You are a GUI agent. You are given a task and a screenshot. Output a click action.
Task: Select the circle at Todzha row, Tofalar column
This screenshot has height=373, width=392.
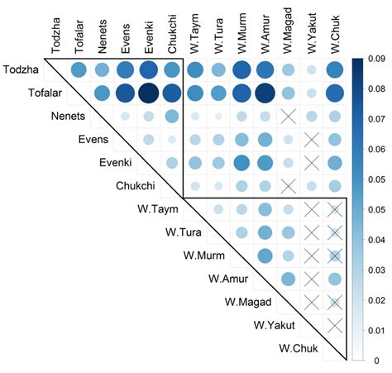click(x=79, y=71)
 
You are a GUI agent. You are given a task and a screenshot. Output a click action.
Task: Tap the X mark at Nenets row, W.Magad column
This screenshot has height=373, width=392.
click(x=289, y=117)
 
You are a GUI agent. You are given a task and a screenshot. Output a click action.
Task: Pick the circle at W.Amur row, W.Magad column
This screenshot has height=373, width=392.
click(x=289, y=280)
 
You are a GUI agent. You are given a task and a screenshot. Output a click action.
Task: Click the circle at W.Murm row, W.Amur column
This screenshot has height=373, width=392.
click(x=265, y=257)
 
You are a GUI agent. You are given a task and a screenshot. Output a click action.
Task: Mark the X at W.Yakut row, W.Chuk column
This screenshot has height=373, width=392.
click(x=335, y=327)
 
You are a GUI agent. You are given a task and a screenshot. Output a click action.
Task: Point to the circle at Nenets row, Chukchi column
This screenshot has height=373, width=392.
click(x=173, y=117)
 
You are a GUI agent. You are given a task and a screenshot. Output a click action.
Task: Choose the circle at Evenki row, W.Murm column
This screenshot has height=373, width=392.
click(x=242, y=164)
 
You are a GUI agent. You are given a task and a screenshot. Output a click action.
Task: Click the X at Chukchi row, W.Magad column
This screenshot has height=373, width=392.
click(x=289, y=187)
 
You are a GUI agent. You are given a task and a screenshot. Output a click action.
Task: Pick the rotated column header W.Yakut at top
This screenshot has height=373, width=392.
click(x=312, y=31)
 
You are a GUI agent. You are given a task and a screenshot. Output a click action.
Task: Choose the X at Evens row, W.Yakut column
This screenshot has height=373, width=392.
click(x=312, y=141)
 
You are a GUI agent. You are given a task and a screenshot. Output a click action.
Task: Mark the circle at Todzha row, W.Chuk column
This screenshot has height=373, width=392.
click(x=335, y=71)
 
